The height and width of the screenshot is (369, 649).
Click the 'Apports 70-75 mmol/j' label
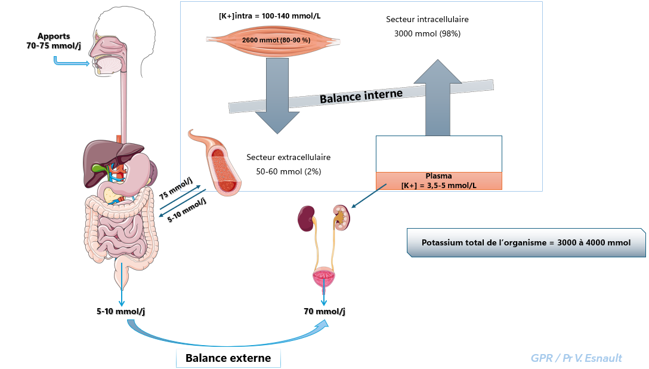pos(53,41)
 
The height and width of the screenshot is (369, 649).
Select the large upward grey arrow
pos(438,99)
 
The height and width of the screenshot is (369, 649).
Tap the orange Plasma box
pos(438,180)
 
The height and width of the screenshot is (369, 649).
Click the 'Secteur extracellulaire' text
pos(288,158)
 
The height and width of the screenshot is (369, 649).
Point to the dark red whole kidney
pos(307,218)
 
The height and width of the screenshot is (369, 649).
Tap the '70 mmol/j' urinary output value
pos(324,311)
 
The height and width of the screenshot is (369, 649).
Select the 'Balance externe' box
pos(228,358)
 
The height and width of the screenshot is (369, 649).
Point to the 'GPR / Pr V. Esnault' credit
pos(576,358)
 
